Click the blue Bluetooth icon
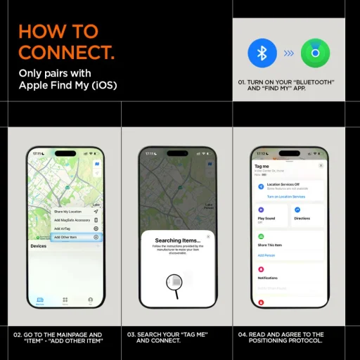262,53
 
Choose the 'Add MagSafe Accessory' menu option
72,220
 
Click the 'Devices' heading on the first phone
39,246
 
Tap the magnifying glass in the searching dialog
175,281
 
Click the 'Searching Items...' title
178,240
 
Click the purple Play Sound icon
262,210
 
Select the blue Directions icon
297,210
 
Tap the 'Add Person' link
267,255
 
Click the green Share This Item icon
262,236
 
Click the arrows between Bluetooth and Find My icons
288,53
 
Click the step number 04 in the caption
243,335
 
